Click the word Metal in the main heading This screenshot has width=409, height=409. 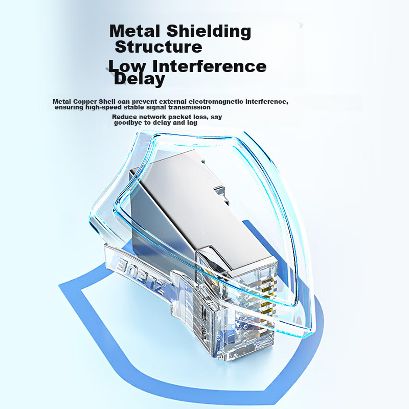point(134,31)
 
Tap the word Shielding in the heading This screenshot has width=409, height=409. point(209,31)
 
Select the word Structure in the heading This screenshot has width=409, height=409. point(158,47)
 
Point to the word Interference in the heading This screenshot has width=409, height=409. point(209,66)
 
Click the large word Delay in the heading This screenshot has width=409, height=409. point(139,79)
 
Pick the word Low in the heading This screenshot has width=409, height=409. point(127,66)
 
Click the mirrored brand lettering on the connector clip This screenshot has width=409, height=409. point(141,274)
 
